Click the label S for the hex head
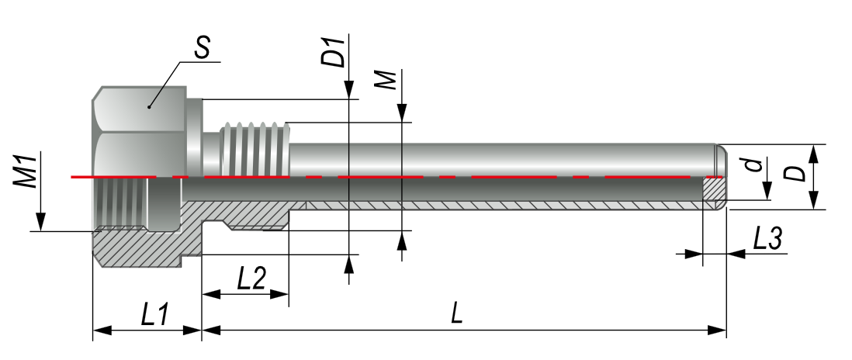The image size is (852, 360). click(x=202, y=48)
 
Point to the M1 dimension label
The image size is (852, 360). click(x=26, y=171)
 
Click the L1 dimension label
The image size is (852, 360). click(x=155, y=314)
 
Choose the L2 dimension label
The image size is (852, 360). click(x=251, y=279)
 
